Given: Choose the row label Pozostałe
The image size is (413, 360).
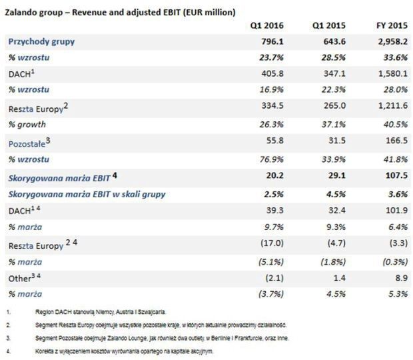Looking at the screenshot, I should point(29,142).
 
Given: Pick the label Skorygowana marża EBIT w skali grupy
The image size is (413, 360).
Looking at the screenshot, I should point(87,194).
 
